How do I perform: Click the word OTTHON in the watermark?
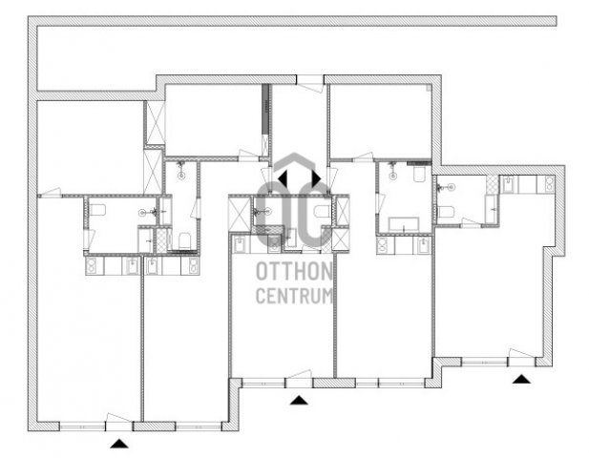coord(294,271)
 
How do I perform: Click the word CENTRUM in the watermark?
coord(294,296)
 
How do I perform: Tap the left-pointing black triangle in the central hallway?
coord(283,178)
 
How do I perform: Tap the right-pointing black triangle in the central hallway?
coord(316,178)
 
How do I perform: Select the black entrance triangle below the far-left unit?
coord(119,444)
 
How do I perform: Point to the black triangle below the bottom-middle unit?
coord(299,400)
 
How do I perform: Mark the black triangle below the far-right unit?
coord(522,379)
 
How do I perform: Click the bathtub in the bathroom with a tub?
coord(404,224)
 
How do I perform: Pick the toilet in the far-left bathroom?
coord(97,210)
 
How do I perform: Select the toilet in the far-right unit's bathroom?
coord(446,212)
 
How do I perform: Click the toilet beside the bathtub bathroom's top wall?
coord(419,175)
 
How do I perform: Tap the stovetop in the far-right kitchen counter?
coord(546,185)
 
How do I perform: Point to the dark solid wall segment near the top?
coord(265,109)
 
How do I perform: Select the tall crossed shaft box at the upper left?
coord(156,123)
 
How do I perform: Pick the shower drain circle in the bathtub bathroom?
coord(393,176)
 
